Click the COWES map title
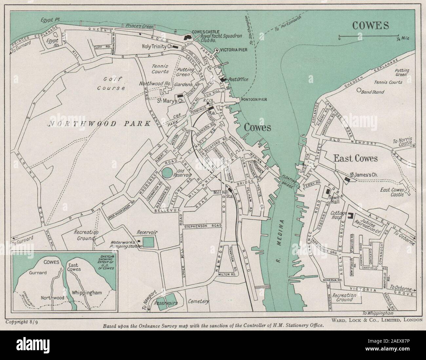pyautogui.click(x=370, y=25)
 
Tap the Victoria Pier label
pyautogui.click(x=233, y=50)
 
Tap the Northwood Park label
pyautogui.click(x=99, y=124)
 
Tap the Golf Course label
pyautogui.click(x=111, y=83)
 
